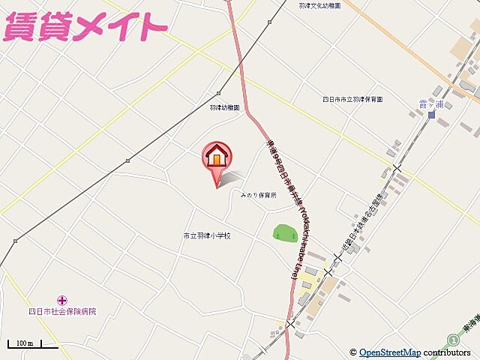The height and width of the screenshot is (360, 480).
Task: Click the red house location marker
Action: pos(217,157)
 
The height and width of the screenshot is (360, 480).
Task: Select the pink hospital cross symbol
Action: pos(62,300)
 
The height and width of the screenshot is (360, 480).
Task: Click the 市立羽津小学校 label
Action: pos(206,235)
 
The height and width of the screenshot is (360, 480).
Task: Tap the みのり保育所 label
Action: pos(258,195)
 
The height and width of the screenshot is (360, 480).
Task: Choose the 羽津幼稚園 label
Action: pos(224,107)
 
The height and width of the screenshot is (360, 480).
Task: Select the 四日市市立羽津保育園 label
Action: pos(353,99)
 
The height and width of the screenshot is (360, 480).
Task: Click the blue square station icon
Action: pos(431,114)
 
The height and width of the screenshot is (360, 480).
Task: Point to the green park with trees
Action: pos(284,233)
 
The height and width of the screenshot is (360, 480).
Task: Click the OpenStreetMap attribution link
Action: pos(390,352)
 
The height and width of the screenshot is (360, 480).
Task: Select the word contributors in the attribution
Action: pos(446,352)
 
